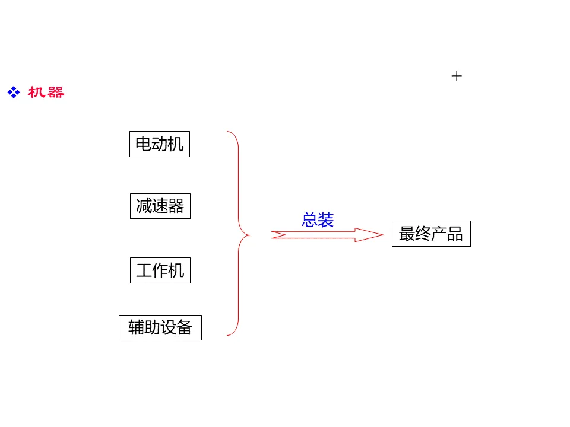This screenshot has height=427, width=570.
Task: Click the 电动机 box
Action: (x=160, y=144)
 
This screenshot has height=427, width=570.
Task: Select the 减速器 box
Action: (x=160, y=206)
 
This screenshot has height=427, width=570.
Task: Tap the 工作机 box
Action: (x=160, y=270)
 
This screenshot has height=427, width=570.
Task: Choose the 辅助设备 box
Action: (x=160, y=327)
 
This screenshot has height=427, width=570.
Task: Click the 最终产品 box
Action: (x=431, y=234)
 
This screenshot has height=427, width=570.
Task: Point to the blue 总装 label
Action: (x=318, y=219)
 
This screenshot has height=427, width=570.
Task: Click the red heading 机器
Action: (x=46, y=93)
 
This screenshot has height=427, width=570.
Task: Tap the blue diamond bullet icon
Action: (x=14, y=93)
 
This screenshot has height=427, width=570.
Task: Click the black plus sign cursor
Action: (x=457, y=76)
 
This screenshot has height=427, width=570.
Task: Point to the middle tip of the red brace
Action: (x=249, y=235)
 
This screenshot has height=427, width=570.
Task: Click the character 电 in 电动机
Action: (x=143, y=144)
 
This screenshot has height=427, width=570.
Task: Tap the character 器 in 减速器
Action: (x=176, y=206)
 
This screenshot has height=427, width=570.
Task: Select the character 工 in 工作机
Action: (x=144, y=270)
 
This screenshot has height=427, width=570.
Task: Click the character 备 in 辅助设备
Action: (x=184, y=327)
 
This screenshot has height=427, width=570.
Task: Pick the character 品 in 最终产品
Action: (x=455, y=234)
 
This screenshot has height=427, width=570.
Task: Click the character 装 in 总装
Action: (x=326, y=219)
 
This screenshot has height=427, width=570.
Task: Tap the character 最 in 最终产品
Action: (x=407, y=234)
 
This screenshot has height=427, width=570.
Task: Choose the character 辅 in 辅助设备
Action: (x=136, y=327)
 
